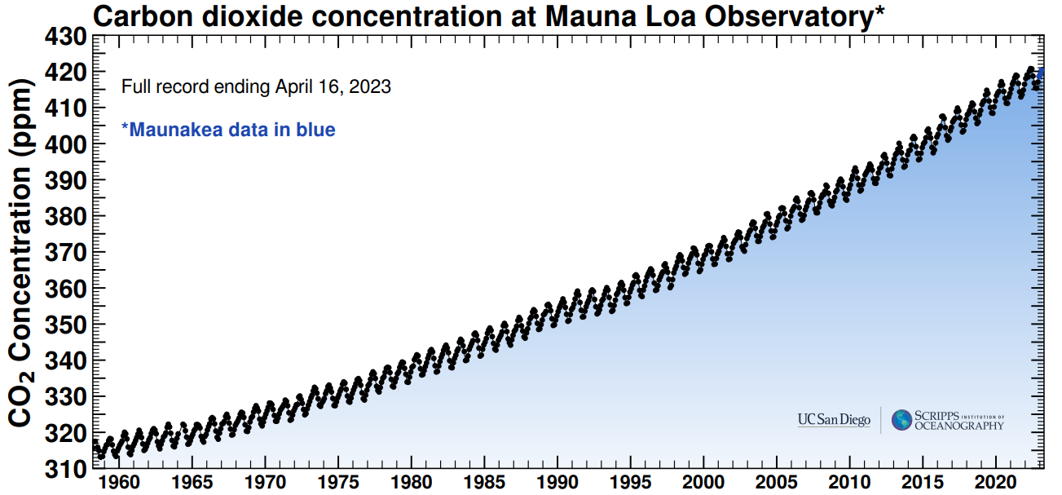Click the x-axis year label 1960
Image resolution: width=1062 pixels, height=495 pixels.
click(119, 483)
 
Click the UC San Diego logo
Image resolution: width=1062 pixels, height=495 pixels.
click(834, 421)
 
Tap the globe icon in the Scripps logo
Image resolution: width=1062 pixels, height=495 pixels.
click(901, 420)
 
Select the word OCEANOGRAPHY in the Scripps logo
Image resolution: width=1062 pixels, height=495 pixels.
click(959, 426)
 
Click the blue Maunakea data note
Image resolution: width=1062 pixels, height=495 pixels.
click(228, 130)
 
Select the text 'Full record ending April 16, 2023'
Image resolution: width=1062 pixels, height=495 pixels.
click(256, 86)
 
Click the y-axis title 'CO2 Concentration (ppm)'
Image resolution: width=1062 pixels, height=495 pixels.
click(22, 253)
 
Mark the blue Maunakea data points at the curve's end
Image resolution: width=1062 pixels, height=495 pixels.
click(1041, 75)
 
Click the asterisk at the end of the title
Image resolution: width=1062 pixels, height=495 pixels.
click(879, 11)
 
